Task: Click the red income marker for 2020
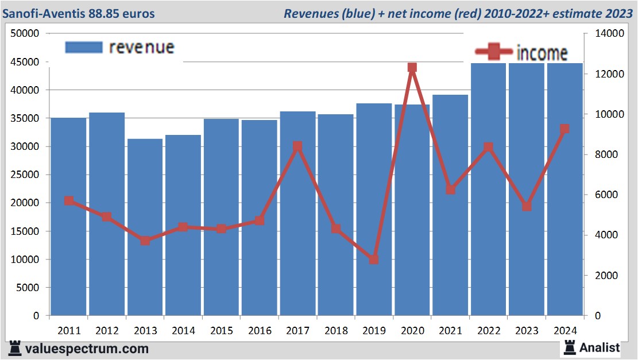click(412, 68)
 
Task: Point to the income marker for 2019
click(374, 260)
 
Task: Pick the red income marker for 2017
click(297, 146)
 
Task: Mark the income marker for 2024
click(564, 129)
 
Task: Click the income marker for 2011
click(69, 201)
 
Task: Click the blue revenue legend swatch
click(84, 47)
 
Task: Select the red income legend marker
click(493, 52)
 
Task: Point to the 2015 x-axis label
click(222, 331)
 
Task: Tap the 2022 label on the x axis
click(488, 331)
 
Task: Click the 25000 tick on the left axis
click(28, 175)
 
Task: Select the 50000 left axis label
click(25, 34)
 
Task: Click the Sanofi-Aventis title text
click(79, 13)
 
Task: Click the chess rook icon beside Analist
click(570, 347)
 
